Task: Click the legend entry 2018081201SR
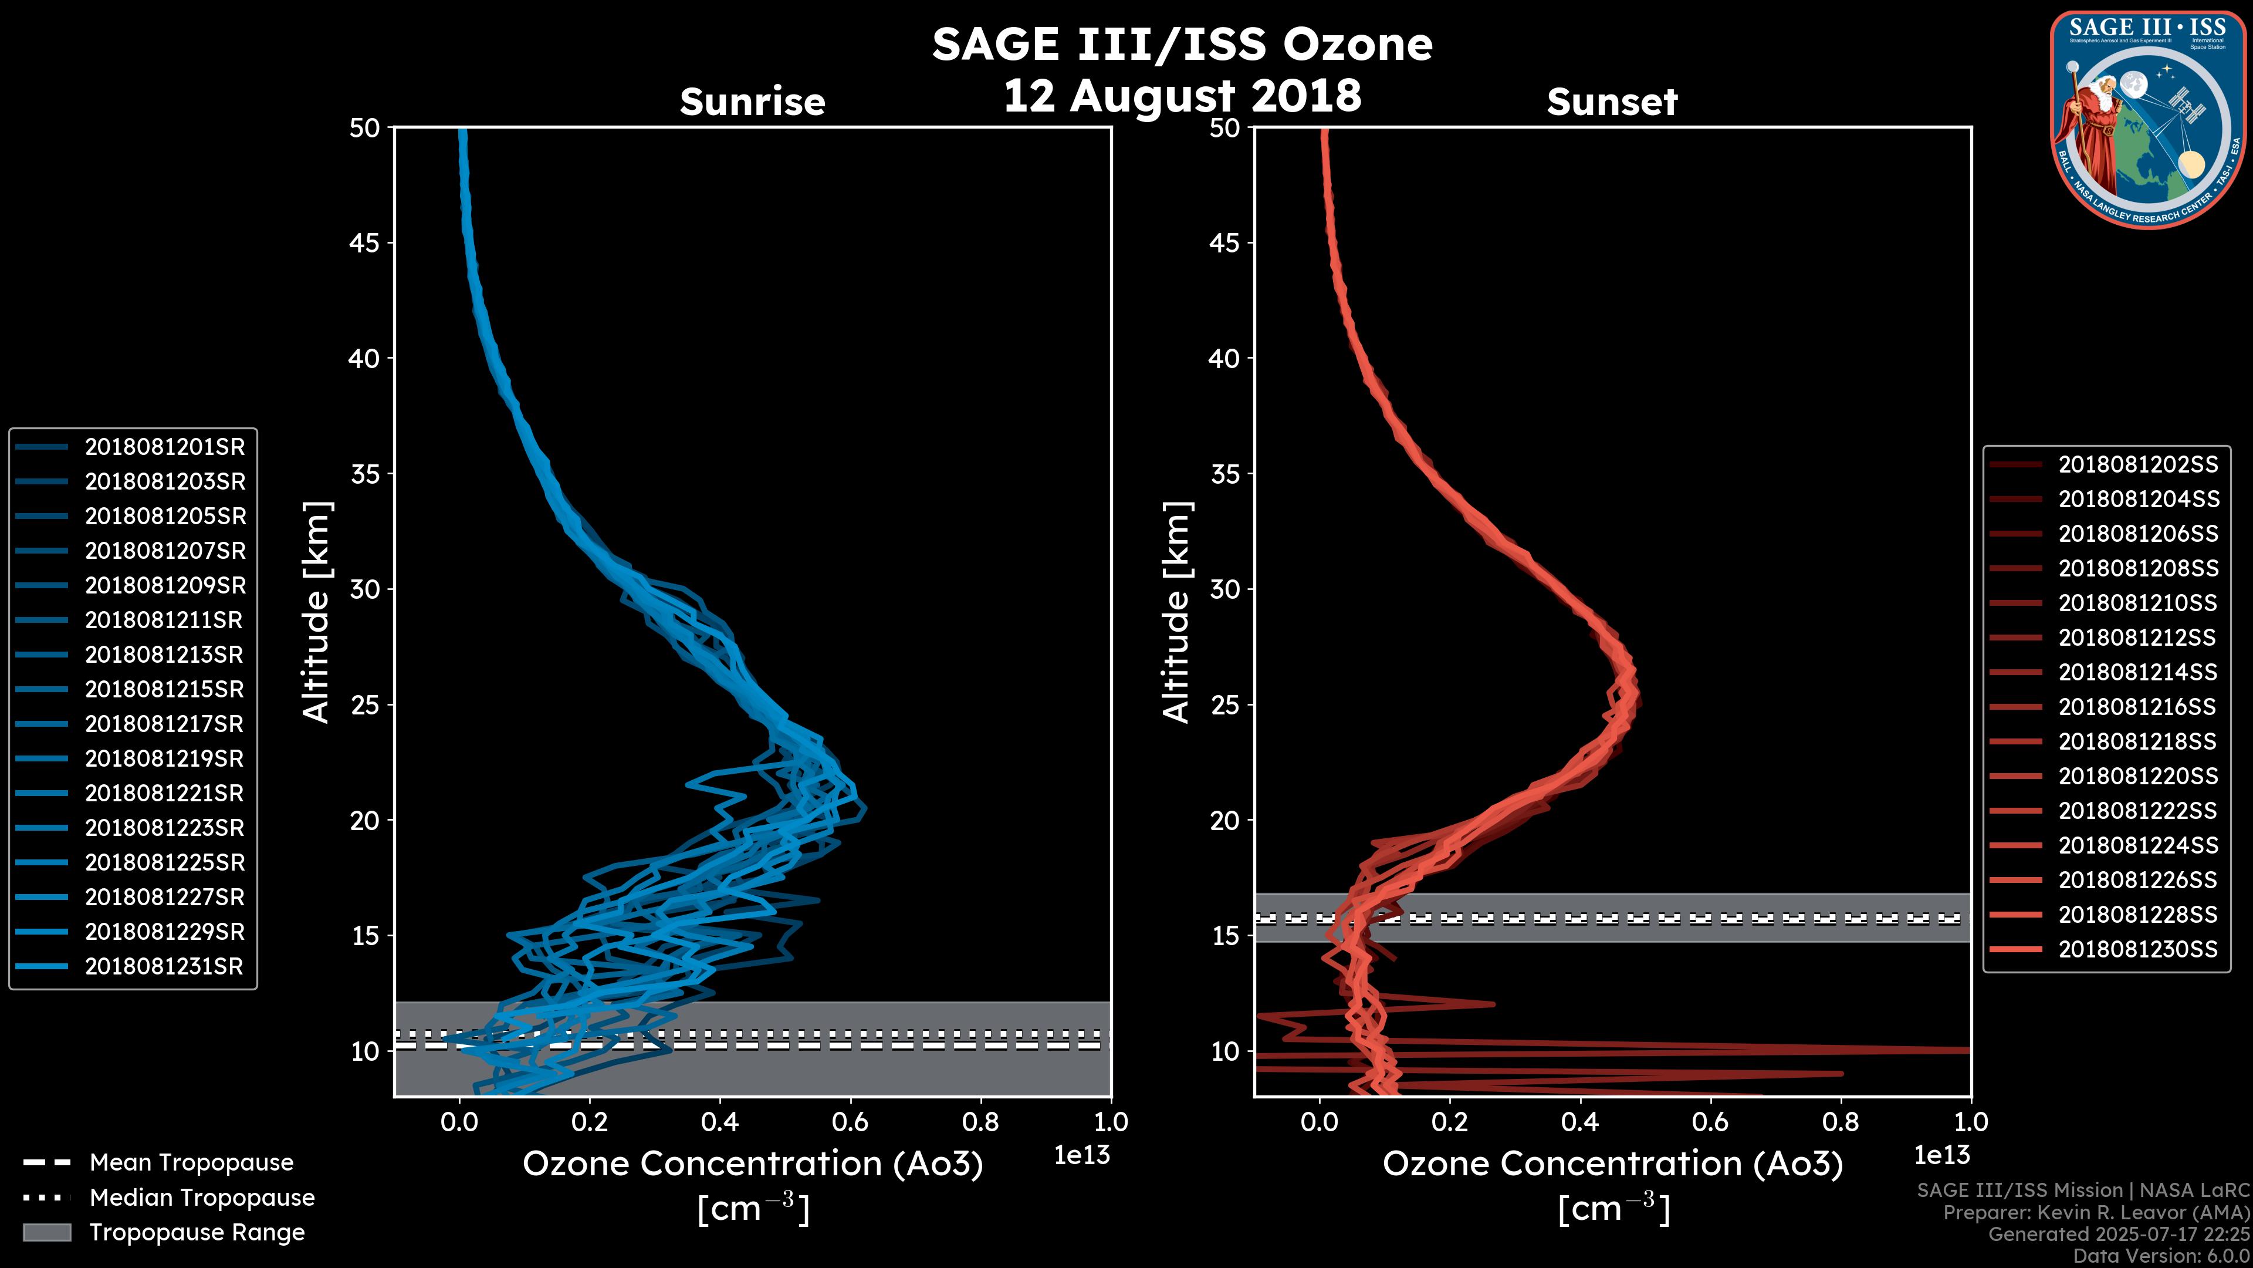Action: click(x=164, y=447)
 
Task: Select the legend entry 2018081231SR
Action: click(x=164, y=967)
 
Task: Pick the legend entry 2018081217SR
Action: click(x=164, y=724)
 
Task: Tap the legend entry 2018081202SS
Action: click(x=2137, y=465)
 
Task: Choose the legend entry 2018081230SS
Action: click(x=2137, y=949)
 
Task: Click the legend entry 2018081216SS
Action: click(x=2137, y=707)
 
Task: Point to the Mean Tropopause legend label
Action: click(x=191, y=1163)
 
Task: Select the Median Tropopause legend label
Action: click(x=202, y=1198)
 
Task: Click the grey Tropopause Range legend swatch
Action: click(x=47, y=1232)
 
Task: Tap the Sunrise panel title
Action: click(x=752, y=102)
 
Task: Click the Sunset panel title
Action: click(x=1612, y=102)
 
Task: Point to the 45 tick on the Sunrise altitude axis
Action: click(x=365, y=243)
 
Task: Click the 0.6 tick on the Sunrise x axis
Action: click(x=850, y=1122)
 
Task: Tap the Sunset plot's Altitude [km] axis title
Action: click(x=1177, y=612)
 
